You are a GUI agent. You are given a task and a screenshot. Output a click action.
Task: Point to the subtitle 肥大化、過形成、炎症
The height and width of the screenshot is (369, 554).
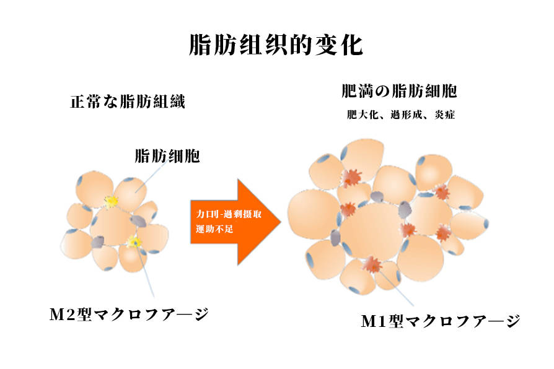[401, 115]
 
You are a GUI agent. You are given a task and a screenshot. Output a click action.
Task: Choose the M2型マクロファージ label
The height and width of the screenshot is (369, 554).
[128, 314]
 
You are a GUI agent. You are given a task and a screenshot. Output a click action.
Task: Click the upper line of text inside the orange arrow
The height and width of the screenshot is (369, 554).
[224, 213]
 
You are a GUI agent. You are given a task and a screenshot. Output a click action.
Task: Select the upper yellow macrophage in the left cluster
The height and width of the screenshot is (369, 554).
[111, 201]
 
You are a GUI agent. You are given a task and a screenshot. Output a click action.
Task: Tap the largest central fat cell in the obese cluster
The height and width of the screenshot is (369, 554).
[370, 232]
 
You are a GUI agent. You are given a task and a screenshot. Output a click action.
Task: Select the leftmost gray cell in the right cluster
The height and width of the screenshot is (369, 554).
[335, 237]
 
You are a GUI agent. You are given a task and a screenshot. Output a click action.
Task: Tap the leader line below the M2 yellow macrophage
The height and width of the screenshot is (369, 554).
[144, 272]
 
